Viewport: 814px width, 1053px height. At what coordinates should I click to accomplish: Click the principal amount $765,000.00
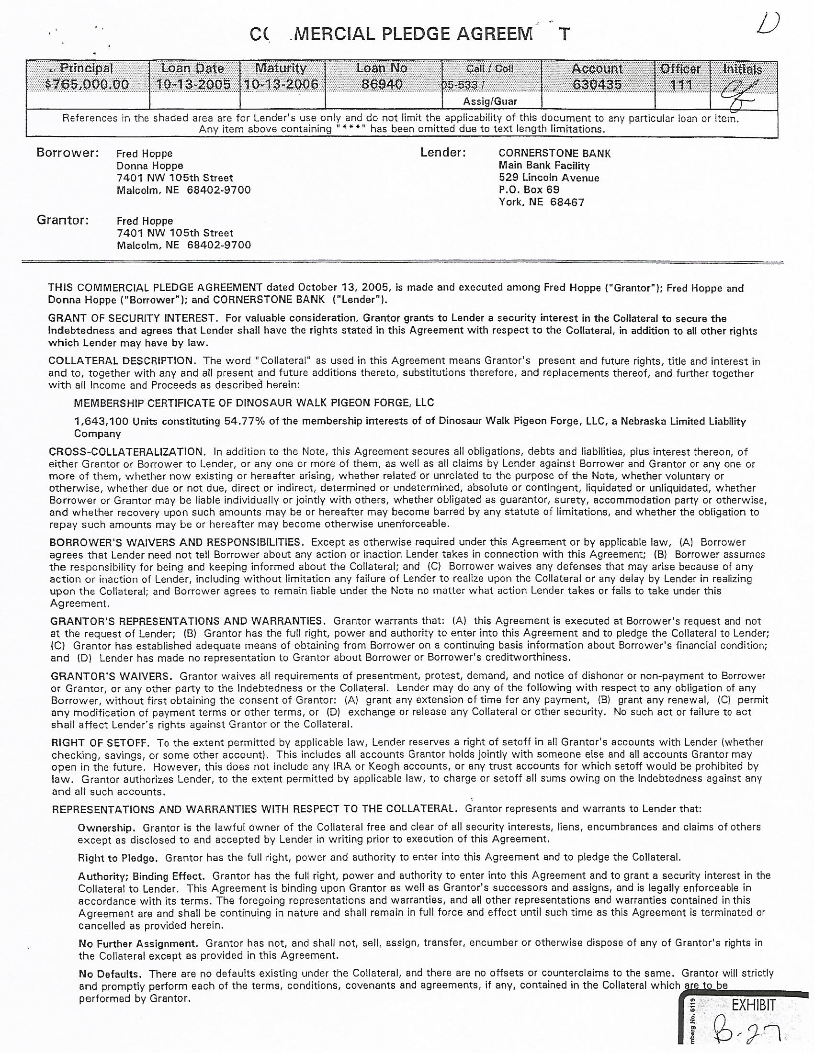click(x=87, y=85)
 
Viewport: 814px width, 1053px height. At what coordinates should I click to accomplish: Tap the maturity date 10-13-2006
click(x=282, y=85)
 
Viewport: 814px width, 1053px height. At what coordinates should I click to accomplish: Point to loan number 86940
click(x=383, y=85)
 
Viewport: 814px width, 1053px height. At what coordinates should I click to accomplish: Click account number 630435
click(x=597, y=85)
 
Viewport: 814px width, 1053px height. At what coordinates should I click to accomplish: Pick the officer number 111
click(x=681, y=85)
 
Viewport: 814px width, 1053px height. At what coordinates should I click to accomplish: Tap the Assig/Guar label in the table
click(x=490, y=101)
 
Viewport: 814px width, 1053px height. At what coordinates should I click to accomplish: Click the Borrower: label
click(x=68, y=153)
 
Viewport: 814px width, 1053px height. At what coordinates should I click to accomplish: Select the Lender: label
click(x=443, y=153)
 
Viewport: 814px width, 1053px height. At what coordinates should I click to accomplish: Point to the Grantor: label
click(x=63, y=220)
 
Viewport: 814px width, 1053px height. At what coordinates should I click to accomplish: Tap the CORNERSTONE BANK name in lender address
click(x=554, y=153)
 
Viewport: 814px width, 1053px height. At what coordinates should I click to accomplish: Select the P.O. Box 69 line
click(x=529, y=190)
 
